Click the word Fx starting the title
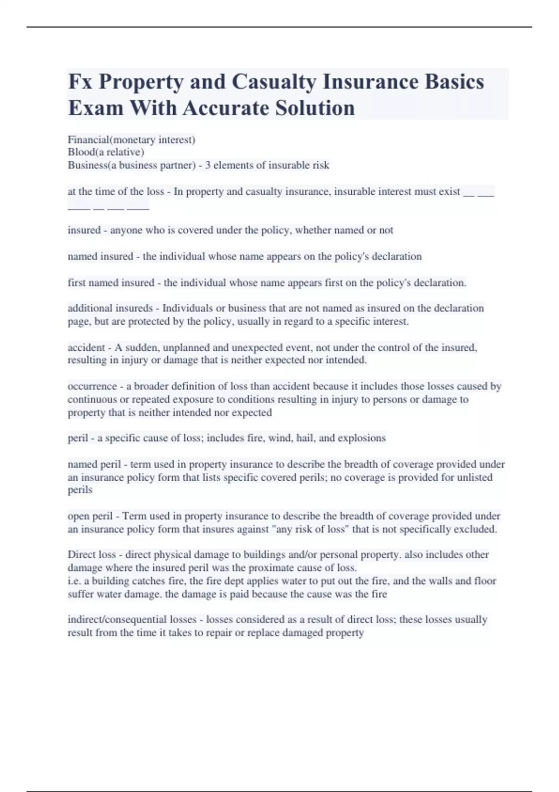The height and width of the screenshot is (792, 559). [x=80, y=82]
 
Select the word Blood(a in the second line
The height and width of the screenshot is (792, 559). [x=86, y=152]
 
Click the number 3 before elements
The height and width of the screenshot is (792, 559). [x=208, y=165]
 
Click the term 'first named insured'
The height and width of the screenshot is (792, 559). [x=111, y=283]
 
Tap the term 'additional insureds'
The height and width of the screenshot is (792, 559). [x=110, y=308]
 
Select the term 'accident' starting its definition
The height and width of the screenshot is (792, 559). [x=86, y=348]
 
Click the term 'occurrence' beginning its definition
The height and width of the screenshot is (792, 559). [x=92, y=386]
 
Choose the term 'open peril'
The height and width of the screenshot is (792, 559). [x=90, y=516]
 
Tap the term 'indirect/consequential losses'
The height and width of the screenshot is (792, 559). [x=132, y=620]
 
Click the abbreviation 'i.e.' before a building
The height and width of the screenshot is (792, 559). [x=74, y=581]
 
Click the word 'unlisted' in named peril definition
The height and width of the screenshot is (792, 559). [x=474, y=478]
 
